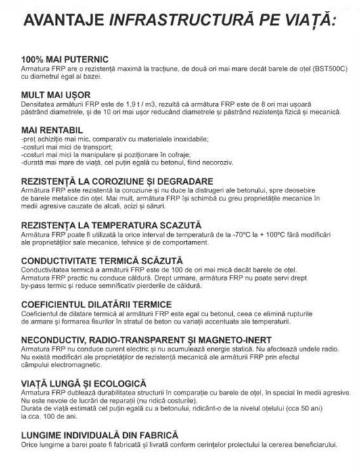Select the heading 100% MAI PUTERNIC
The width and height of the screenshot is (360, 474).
[65, 60]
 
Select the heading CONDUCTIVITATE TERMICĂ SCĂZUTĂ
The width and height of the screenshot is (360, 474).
[102, 260]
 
